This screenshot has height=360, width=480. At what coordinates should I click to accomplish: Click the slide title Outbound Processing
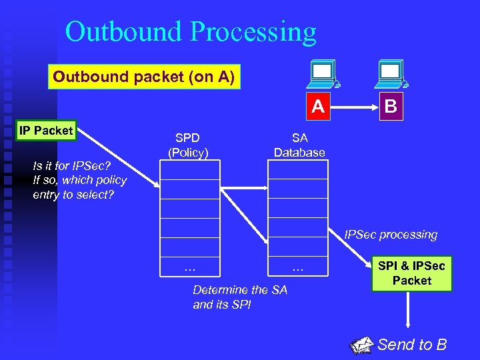click(191, 31)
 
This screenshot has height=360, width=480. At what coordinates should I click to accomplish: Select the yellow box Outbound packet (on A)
click(144, 77)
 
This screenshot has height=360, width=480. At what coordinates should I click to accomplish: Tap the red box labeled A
click(319, 107)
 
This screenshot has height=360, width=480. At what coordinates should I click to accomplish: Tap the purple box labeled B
click(391, 107)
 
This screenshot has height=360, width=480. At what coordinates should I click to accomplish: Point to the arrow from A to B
click(355, 107)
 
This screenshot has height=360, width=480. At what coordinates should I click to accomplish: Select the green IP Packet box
click(45, 131)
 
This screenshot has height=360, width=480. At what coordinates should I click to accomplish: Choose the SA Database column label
click(299, 145)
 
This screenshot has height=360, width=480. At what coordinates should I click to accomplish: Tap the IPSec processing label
click(391, 235)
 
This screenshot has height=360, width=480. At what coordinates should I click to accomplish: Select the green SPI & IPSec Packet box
click(412, 273)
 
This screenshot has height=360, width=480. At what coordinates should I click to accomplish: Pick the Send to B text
click(412, 345)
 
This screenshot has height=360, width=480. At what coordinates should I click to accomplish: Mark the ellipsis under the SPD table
click(189, 267)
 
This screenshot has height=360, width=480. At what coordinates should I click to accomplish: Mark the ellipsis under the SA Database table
click(297, 267)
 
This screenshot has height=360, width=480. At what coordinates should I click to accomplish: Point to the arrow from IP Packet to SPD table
click(117, 160)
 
